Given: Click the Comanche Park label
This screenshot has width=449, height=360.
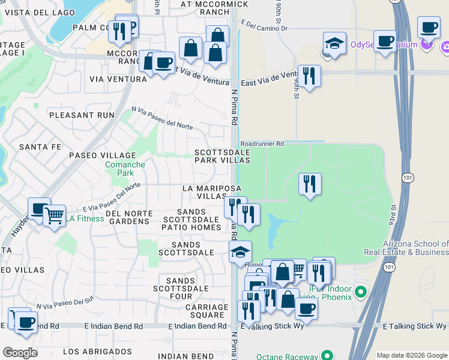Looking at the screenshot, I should pyautogui.click(x=125, y=169).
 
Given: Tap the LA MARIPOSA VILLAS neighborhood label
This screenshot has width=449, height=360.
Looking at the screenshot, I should pyautogui.click(x=203, y=192).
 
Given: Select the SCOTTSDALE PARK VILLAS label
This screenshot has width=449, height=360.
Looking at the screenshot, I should pyautogui.click(x=222, y=157).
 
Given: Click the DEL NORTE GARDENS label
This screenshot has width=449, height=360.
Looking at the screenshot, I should pyautogui.click(x=127, y=217).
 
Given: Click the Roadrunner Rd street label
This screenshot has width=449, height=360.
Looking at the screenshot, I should pyautogui.click(x=261, y=144).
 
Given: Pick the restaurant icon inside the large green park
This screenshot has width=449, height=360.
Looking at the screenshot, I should pyautogui.click(x=310, y=184).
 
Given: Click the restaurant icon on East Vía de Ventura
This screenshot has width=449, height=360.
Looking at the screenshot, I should pyautogui.click(x=309, y=76).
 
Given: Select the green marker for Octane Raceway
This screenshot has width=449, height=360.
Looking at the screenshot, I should pyautogui.click(x=328, y=356).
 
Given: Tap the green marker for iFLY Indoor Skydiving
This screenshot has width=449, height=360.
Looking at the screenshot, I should pyautogui.click(x=360, y=293).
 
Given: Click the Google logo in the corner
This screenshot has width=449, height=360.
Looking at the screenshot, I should pyautogui.click(x=20, y=353).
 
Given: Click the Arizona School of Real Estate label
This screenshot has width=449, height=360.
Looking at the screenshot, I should pyautogui.click(x=415, y=248).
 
